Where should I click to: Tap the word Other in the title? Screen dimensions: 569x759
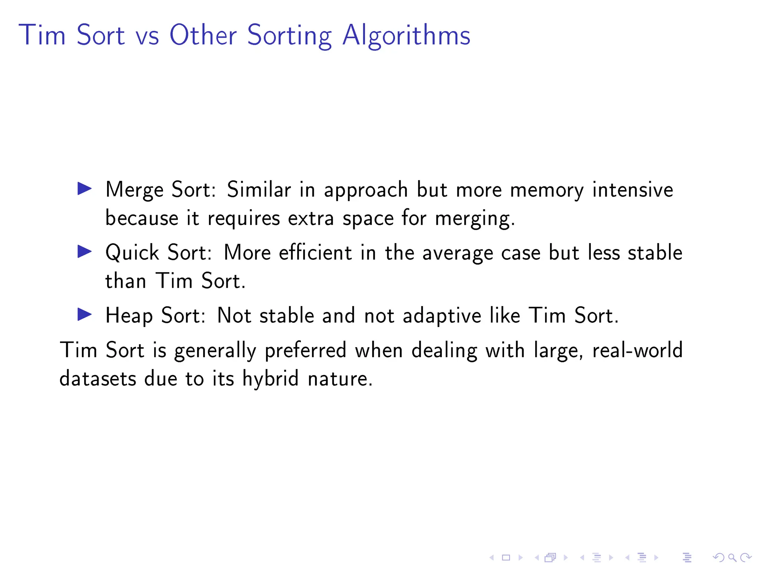click(203, 35)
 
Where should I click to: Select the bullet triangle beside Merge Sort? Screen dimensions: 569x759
click(84, 189)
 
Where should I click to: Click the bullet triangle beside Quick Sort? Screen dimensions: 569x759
click(84, 252)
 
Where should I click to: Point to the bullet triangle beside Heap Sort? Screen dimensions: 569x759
click(84, 315)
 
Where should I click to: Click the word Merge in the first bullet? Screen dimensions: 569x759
click(134, 190)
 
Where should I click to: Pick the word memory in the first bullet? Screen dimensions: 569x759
click(547, 190)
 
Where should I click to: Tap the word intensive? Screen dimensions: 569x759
click(633, 189)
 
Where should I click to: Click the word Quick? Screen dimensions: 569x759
click(132, 253)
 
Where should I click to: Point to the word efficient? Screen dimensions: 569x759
click(315, 253)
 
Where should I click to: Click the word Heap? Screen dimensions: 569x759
click(129, 316)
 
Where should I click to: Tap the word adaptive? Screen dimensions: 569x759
click(442, 316)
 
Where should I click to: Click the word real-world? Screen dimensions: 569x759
click(637, 350)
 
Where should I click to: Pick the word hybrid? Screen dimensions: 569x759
click(270, 379)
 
